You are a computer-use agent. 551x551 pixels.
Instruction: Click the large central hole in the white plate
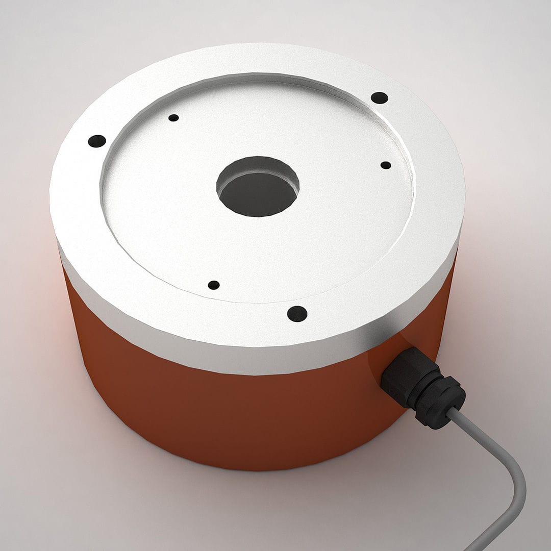point(258,187)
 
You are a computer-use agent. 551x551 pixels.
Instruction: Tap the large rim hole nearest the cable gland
point(297,314)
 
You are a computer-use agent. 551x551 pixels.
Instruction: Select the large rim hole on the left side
point(97,141)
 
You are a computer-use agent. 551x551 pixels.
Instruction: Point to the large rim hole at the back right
point(379,97)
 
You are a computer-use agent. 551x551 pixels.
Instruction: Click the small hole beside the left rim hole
point(173,118)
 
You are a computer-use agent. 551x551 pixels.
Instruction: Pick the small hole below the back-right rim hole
point(386,165)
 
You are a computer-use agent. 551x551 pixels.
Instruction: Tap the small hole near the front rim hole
point(214,285)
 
